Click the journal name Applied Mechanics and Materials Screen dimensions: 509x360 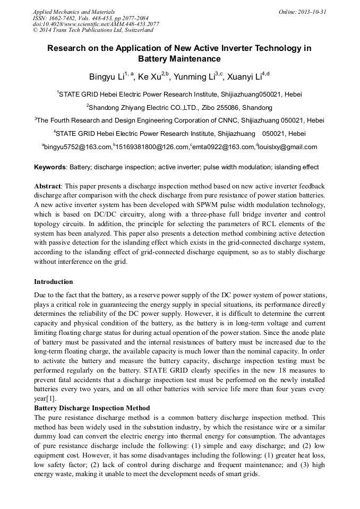tap(73, 11)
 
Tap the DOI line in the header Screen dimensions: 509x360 tap(96, 24)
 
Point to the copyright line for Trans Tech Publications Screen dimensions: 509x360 tap(93, 30)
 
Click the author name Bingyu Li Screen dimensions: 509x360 tap(106, 77)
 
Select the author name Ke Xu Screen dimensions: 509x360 tap(149, 77)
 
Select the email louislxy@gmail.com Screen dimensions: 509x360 tap(288, 147)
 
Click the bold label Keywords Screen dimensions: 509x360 tap(50, 167)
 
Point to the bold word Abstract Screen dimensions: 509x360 tap(48, 186)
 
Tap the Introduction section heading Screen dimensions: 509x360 tap(54, 281)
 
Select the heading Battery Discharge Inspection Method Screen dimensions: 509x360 tap(92, 408)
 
